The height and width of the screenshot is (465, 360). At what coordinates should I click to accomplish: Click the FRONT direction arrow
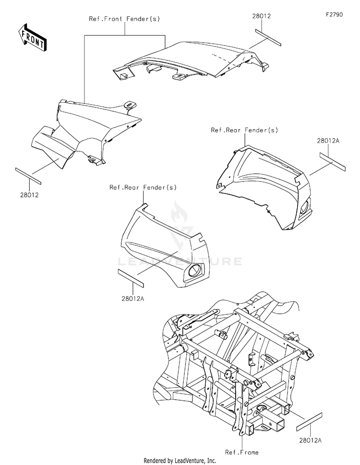pos(32,37)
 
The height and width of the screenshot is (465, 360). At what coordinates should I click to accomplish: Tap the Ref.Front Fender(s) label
pos(124,19)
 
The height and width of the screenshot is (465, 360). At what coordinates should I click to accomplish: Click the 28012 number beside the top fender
pos(262,16)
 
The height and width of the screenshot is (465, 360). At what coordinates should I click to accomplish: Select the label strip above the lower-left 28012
pos(28,176)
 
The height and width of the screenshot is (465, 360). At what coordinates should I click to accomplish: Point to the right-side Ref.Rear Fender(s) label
pos(244,130)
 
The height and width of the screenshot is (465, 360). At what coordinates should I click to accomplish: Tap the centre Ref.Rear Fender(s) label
pos(143,187)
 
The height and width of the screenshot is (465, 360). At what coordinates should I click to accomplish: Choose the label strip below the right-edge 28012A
pos(332,160)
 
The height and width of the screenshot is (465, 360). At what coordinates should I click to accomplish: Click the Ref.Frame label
pos(242,452)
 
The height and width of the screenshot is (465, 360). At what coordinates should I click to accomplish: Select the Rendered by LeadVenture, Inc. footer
pos(180,461)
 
